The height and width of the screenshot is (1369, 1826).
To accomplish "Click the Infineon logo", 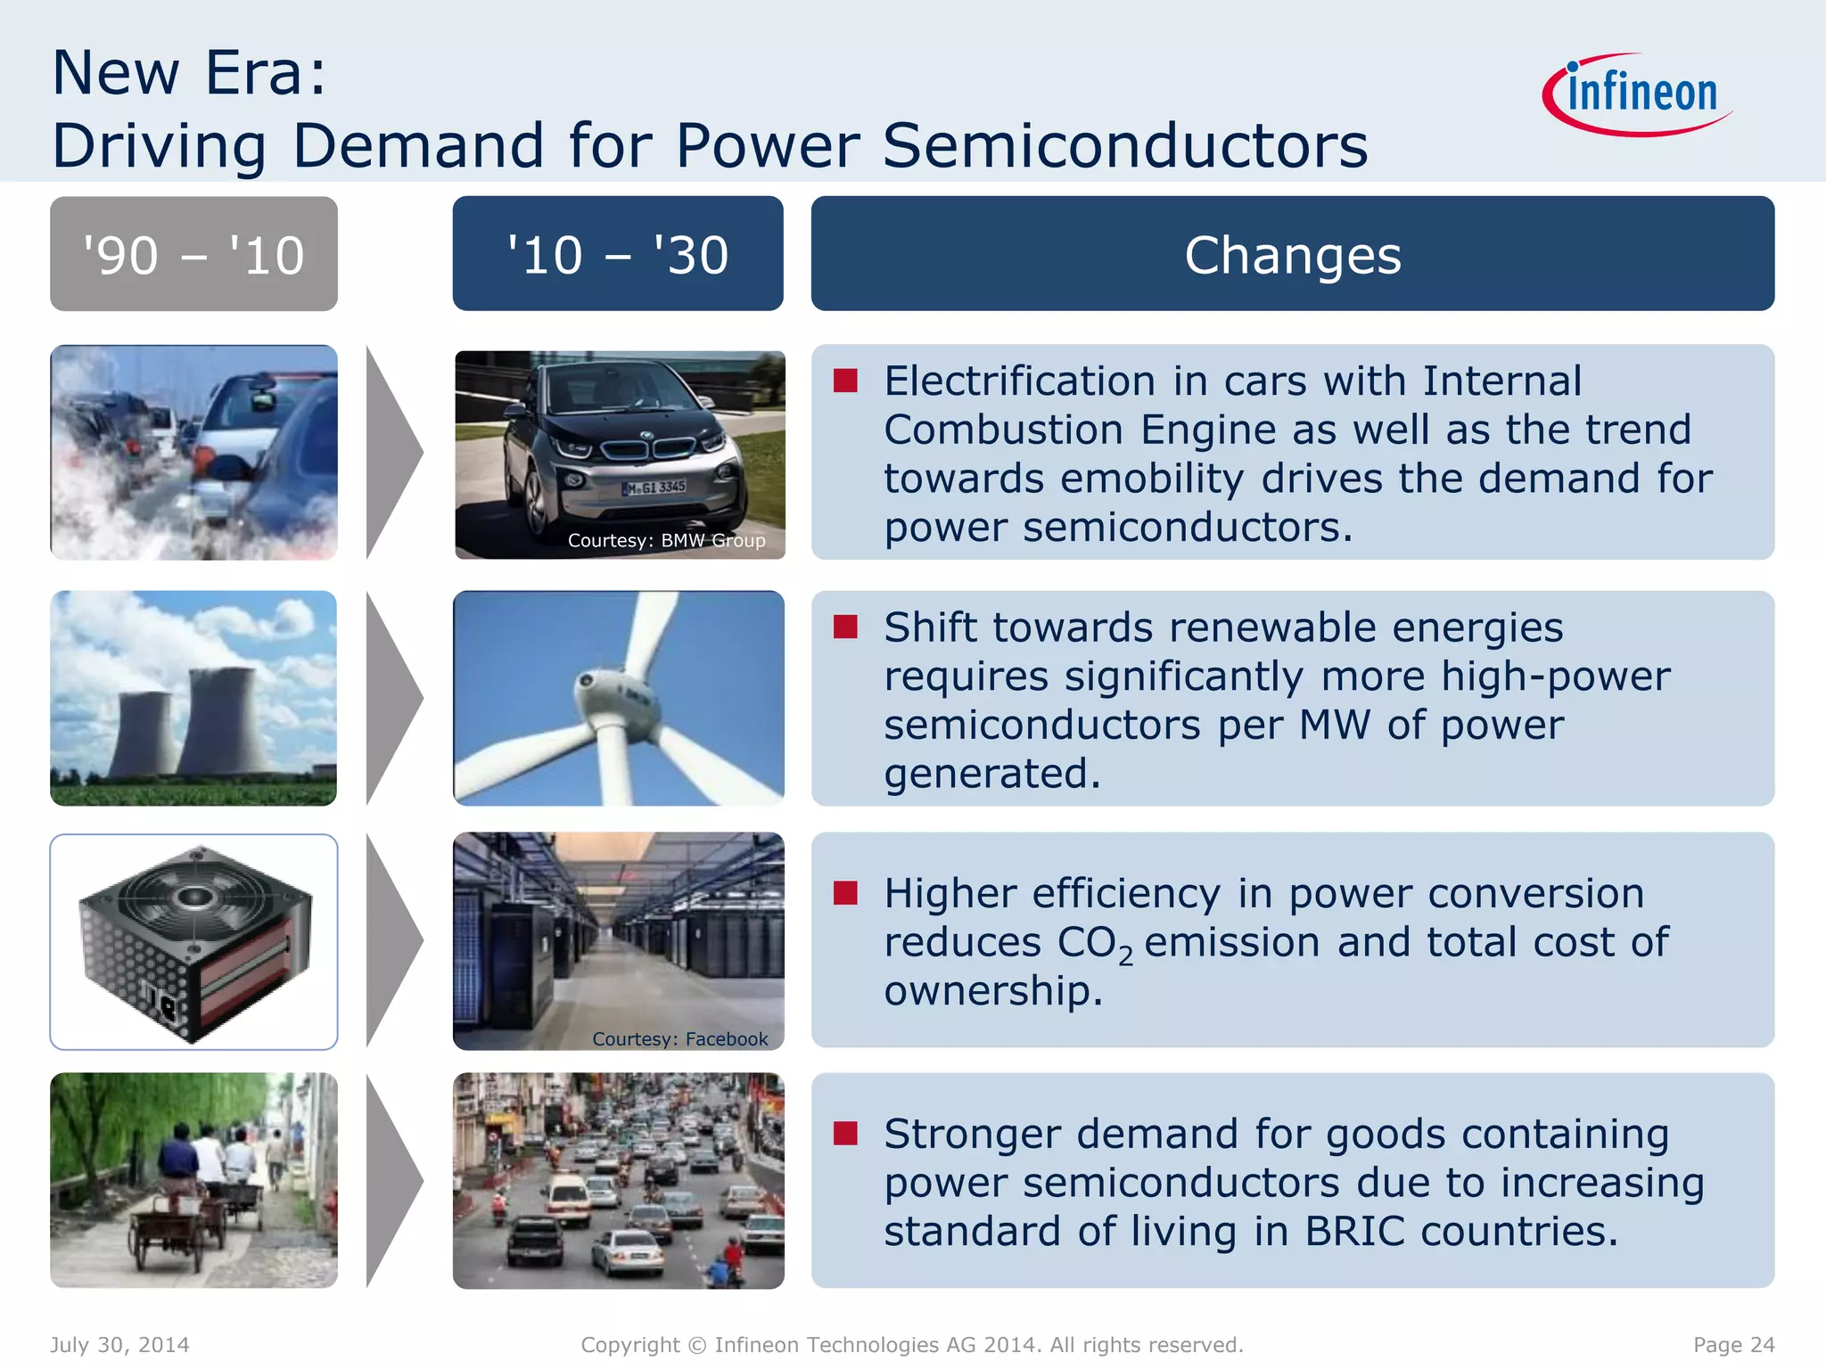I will pos(1639,94).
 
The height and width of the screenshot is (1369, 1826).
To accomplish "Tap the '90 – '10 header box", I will pos(193,254).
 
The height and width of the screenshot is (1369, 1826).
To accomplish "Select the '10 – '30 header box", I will pos(618,254).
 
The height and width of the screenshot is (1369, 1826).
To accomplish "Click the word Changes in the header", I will pos(1292,256).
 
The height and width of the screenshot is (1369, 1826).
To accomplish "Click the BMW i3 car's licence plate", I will pos(655,488).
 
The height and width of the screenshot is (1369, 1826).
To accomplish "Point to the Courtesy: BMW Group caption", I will pos(666,540).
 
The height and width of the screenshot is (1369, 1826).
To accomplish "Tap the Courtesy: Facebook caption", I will pos(679,1038).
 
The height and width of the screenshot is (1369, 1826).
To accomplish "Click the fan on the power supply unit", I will pos(194,896).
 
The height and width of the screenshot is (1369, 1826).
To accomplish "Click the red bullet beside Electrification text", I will pos(845,381).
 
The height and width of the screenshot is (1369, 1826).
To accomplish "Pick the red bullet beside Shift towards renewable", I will pos(845,627).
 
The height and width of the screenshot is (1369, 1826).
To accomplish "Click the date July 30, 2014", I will pos(119,1344).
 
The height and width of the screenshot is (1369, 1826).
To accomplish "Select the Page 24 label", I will pos(1733,1344).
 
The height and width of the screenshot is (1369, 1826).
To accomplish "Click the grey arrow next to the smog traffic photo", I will pos(392,453).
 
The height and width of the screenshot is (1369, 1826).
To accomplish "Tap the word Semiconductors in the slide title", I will pos(1125,145).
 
